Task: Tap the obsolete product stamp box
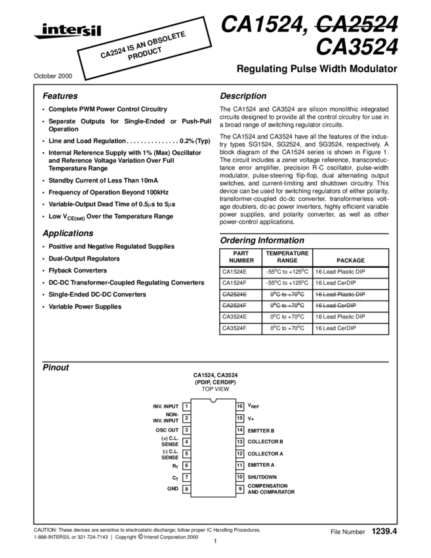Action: tap(145, 50)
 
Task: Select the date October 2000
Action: tap(52, 77)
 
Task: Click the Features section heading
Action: tap(60, 96)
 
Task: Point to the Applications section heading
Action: tap(68, 233)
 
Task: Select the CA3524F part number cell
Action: tap(234, 328)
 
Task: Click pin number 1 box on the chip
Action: tap(186, 407)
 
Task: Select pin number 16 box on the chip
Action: tap(240, 407)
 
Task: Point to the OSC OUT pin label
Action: tap(167, 430)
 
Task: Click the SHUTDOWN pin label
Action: tap(262, 477)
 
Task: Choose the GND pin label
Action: tap(173, 488)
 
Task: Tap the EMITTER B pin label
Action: tap(265, 430)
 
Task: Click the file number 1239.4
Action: tap(384, 530)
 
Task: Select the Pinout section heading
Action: tap(56, 368)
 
